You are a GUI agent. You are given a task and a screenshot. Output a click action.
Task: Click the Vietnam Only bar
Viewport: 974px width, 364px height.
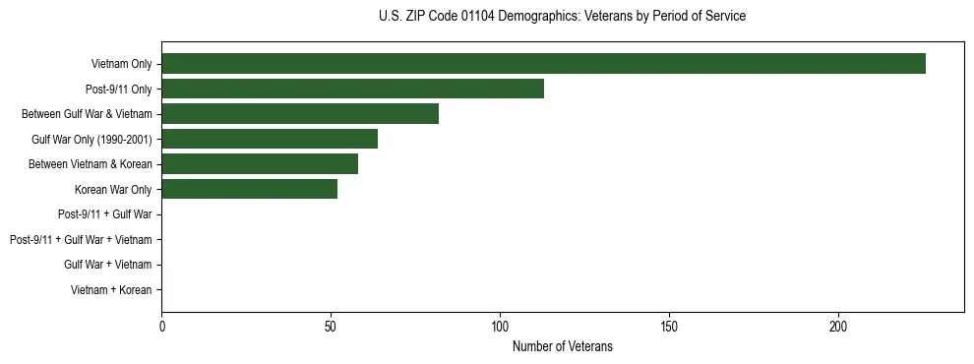click(x=543, y=64)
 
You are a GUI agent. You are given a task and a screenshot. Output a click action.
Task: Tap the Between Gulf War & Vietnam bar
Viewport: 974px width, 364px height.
click(x=300, y=114)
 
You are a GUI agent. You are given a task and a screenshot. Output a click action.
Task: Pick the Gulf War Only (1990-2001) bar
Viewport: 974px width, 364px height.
click(x=270, y=139)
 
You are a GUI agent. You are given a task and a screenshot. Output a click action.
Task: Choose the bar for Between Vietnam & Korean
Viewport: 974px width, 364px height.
click(x=260, y=164)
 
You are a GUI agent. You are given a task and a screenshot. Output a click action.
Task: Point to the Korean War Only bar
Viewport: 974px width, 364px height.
click(x=249, y=189)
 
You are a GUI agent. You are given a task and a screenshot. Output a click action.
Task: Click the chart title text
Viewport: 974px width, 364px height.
click(x=562, y=17)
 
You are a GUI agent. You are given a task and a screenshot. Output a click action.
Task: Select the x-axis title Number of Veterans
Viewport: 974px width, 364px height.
click(x=562, y=346)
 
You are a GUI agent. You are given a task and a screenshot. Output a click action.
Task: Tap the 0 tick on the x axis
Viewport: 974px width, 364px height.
click(x=161, y=326)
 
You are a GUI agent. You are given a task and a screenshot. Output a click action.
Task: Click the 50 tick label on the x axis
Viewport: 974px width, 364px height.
click(x=331, y=326)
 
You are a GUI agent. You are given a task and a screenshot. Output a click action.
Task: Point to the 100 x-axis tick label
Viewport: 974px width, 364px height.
click(x=500, y=326)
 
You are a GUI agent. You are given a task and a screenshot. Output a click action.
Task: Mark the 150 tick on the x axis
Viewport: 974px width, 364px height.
click(x=669, y=326)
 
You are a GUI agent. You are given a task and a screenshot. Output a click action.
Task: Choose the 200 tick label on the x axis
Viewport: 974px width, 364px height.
click(x=838, y=326)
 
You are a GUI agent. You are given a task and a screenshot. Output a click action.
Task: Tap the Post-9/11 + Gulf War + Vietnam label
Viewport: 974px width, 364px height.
click(x=81, y=240)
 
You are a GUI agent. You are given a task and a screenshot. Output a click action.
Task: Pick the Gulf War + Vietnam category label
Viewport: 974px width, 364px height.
click(x=108, y=265)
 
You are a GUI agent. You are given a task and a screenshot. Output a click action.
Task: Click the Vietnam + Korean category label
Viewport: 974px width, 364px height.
click(x=111, y=290)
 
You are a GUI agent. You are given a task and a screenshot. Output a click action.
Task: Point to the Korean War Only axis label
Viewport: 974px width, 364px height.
click(x=113, y=189)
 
